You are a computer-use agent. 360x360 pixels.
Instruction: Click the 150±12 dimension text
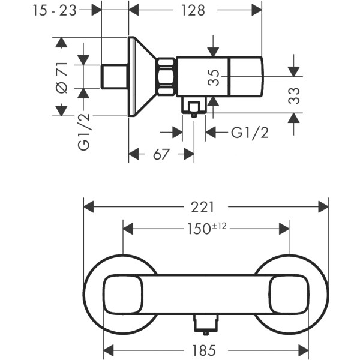point(206,229)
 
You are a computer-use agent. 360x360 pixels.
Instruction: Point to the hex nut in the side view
point(166,77)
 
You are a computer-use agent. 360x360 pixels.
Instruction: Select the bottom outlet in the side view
point(193,109)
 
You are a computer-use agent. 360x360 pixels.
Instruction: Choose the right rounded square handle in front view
point(289,294)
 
